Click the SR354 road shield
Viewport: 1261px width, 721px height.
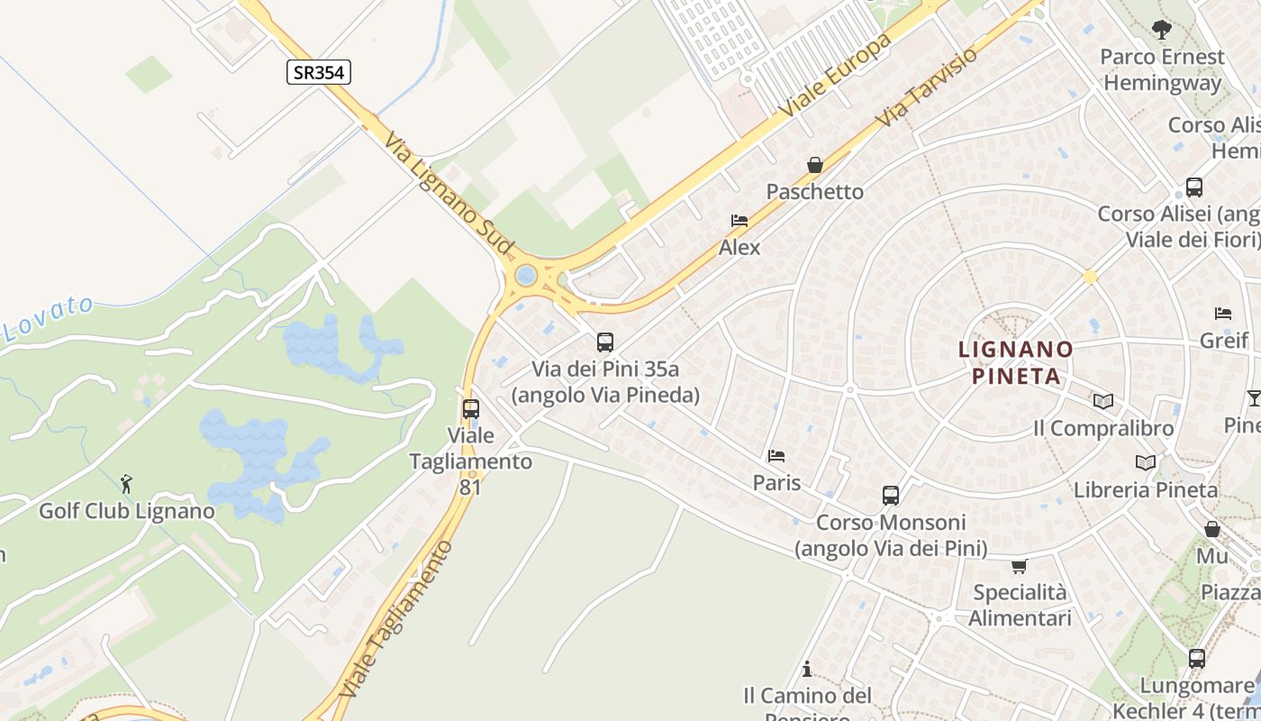click(319, 72)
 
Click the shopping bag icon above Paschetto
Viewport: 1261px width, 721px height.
click(815, 165)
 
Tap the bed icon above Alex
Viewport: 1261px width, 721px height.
click(739, 221)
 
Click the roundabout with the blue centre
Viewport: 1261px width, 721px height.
click(527, 275)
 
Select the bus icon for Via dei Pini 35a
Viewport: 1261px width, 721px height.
click(605, 342)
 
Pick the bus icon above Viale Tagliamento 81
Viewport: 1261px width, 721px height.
click(470, 409)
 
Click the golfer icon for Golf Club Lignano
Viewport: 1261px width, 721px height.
click(127, 484)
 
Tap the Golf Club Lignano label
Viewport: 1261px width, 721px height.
click(127, 511)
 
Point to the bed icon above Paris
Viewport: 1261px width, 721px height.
click(776, 456)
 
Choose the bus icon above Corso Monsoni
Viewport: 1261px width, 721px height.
click(891, 496)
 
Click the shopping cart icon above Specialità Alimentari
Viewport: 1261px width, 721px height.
click(1019, 566)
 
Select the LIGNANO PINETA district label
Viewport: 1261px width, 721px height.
click(1016, 362)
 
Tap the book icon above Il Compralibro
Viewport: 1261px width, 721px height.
click(1103, 401)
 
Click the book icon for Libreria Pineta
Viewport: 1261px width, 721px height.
click(1146, 462)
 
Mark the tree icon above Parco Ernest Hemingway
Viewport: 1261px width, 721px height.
click(1162, 30)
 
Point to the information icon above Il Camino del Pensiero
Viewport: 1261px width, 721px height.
click(807, 669)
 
